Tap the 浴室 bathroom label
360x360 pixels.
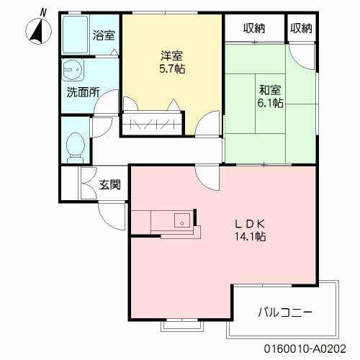pos(104,34)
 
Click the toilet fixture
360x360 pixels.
pos(73,146)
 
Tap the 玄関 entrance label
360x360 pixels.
pos(109,184)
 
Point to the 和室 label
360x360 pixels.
pos(270,90)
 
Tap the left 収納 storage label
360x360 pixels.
pos(253,29)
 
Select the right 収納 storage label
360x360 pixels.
pos(302,29)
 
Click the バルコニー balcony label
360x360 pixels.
pos(284,313)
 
